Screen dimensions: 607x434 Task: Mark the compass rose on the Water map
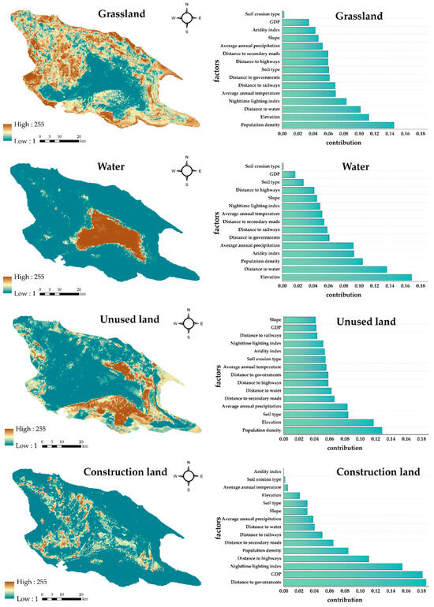pyautogui.click(x=186, y=169)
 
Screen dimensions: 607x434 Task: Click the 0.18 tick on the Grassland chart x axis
pyautogui.click(x=420, y=135)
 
